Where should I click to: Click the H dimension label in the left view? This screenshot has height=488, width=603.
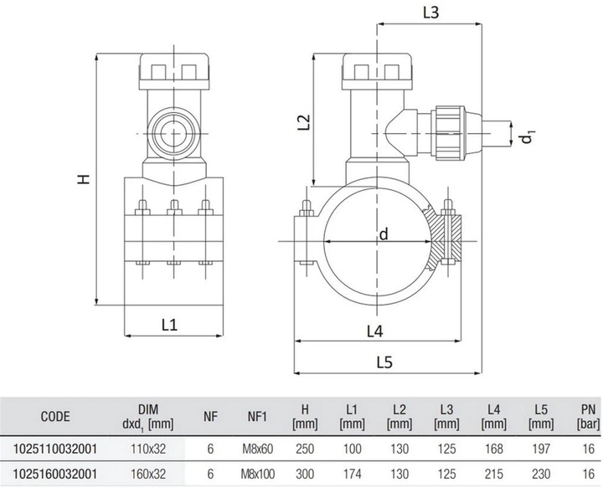coord(84,179)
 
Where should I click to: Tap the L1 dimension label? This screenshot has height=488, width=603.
coord(169,326)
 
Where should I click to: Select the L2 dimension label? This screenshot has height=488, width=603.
coord(304,122)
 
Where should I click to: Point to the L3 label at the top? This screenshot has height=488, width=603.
coord(430,13)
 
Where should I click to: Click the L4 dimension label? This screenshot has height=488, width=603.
coord(375,331)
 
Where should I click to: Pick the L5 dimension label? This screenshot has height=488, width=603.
coord(384,362)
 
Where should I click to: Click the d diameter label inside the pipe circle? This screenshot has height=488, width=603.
coord(384,234)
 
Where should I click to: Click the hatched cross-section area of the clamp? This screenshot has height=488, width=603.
coord(443,238)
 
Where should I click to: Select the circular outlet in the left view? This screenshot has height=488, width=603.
coord(174,133)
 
